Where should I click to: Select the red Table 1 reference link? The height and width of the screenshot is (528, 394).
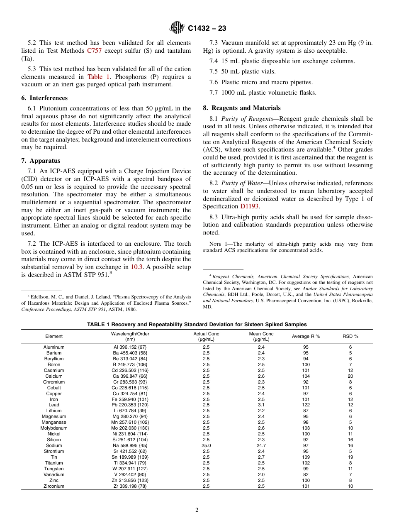(x=95, y=77)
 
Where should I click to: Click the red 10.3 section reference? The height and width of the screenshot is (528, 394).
(x=137, y=267)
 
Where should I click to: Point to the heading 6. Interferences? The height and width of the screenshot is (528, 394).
(x=44, y=98)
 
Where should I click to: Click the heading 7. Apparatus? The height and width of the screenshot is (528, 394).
(x=41, y=161)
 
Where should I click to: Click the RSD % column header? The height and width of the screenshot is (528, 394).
(x=350, y=337)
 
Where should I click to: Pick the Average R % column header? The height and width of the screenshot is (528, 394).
(x=306, y=337)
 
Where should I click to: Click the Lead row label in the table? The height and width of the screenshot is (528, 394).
(x=54, y=405)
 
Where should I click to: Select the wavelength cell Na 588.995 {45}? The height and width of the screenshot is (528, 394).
(x=129, y=445)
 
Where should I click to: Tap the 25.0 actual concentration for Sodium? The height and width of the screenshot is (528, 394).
(x=206, y=445)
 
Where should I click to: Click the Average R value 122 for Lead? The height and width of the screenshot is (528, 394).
(x=306, y=405)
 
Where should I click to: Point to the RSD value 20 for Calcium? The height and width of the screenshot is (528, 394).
(x=350, y=376)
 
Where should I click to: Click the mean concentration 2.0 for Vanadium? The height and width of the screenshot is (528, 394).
(x=261, y=474)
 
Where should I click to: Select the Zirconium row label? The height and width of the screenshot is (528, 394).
(x=54, y=486)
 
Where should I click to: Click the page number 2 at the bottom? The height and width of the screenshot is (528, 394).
(x=197, y=510)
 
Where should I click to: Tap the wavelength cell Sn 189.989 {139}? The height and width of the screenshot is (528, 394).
(x=129, y=457)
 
